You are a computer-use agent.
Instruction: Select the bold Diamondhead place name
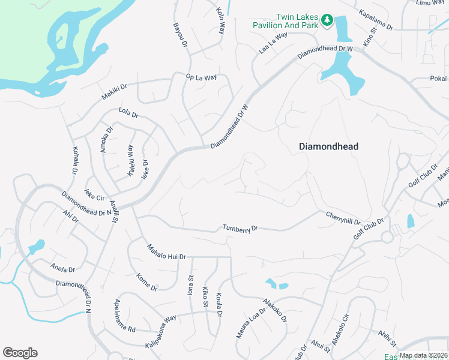[329, 146]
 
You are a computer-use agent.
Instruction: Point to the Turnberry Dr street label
[240, 229]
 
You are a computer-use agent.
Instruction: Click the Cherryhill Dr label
[343, 218]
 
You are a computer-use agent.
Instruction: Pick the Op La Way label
[200, 77]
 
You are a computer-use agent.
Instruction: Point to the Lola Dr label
[128, 113]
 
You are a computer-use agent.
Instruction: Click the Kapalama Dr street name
[375, 20]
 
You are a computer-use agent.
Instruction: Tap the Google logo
[20, 353]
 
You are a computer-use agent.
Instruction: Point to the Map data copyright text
[424, 356]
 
